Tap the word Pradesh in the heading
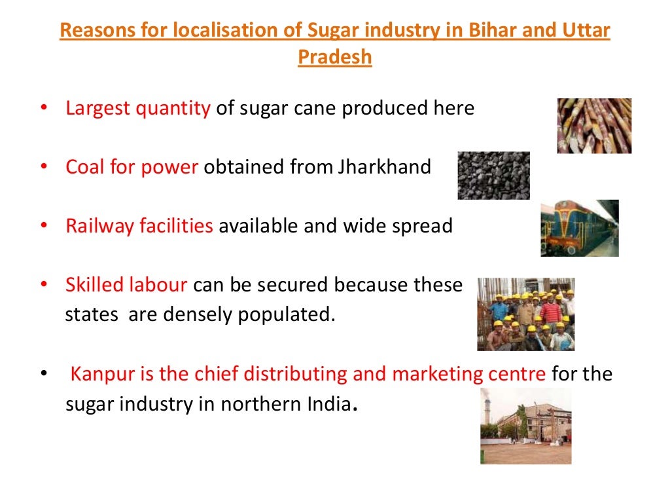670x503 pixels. click(334, 57)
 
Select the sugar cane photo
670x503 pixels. click(593, 126)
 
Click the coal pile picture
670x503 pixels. click(493, 176)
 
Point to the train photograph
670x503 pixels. click(579, 228)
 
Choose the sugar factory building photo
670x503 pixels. click(525, 426)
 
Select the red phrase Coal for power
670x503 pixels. click(132, 168)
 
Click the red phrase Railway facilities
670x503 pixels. click(139, 227)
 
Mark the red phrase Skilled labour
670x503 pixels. click(126, 286)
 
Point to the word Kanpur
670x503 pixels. click(101, 375)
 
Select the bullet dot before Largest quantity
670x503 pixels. click(44, 109)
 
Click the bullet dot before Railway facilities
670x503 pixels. click(44, 227)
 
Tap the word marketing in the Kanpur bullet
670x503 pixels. click(435, 375)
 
